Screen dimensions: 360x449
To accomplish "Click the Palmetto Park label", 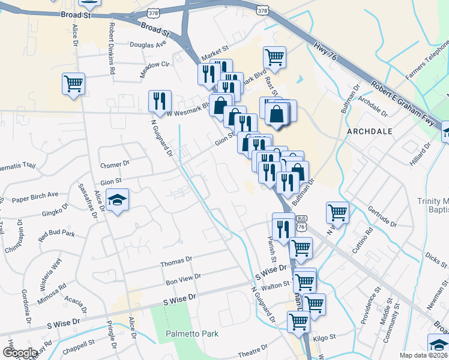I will (x=192, y=334).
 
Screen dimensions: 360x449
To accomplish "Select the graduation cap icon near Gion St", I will (x=118, y=200).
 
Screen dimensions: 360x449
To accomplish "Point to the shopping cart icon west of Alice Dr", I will (x=74, y=83).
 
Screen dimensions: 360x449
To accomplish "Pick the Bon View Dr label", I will (x=183, y=280).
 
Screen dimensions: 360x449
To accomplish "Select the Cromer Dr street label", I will (x=115, y=163).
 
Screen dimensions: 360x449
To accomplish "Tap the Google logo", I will (x=20, y=353).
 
